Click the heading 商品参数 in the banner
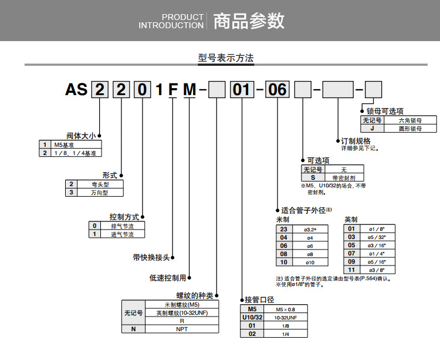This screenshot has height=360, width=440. tap(249, 21)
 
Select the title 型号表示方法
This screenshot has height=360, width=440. tap(226, 58)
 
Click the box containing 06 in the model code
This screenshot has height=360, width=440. tap(277, 90)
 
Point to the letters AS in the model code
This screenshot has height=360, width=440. tap(76, 90)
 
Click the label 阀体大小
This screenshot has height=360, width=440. tap(80, 136)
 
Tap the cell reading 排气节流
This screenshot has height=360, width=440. tap(122, 226)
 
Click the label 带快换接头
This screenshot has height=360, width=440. tap(151, 257)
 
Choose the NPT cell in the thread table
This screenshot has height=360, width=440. tap(182, 329)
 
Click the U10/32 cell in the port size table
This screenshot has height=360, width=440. tap(252, 317)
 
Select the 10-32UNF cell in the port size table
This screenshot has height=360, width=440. tap(286, 317)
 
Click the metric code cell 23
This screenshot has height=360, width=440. tap(284, 229)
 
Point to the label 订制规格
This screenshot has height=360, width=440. tap(356, 141)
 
